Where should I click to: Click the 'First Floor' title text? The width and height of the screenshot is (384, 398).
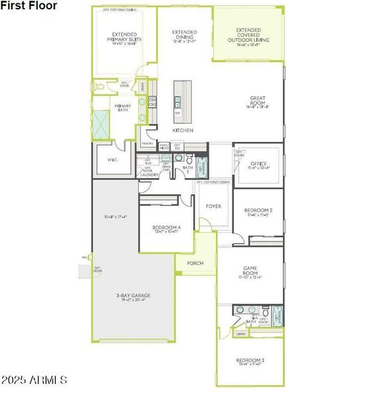[29, 6]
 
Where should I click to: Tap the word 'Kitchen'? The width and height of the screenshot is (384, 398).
[183, 131]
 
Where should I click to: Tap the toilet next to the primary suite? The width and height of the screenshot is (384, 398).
[100, 86]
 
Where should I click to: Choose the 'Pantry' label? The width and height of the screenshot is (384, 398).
[147, 143]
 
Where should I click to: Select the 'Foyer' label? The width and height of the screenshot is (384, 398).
[213, 206]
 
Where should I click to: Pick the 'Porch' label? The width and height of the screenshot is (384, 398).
[195, 263]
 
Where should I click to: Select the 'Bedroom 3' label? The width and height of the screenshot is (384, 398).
[250, 362]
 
